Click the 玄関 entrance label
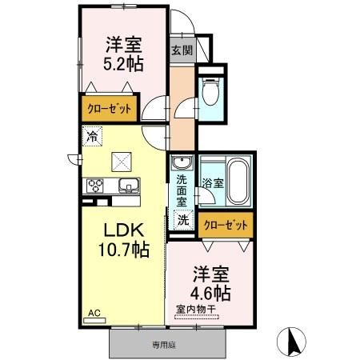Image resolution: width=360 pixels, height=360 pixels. (182, 50)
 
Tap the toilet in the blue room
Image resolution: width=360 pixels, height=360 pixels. (211, 94)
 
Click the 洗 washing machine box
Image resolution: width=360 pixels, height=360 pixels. (183, 218)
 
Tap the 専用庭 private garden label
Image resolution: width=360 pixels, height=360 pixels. (164, 346)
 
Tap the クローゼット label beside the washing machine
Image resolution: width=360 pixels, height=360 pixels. (226, 226)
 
